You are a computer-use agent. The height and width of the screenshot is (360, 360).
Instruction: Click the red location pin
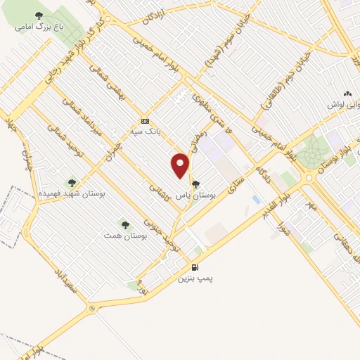[x=181, y=166]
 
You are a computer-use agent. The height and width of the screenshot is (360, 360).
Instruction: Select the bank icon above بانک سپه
[x=146, y=120]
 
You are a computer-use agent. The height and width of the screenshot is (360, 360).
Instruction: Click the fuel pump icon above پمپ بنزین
[x=195, y=267]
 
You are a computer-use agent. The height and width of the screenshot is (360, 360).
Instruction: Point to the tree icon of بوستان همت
[x=124, y=225]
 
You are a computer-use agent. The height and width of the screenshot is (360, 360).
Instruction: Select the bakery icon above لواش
[x=347, y=94]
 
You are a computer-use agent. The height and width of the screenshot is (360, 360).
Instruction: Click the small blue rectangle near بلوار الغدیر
[x=255, y=200]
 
